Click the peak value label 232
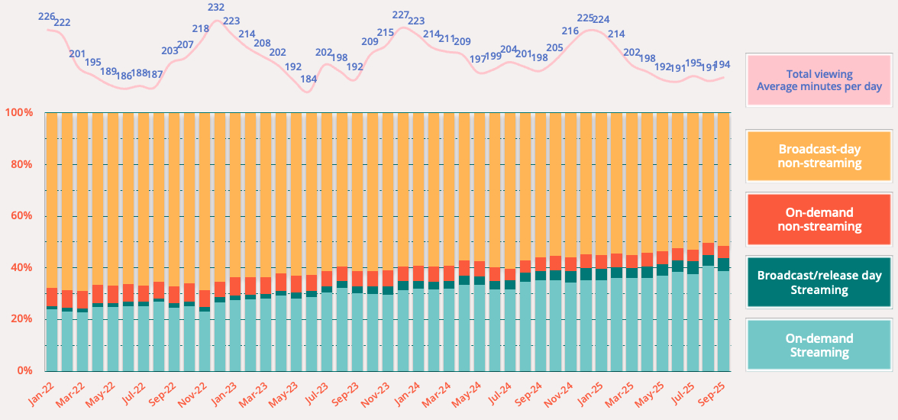(x=216, y=8)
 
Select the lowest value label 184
(x=308, y=79)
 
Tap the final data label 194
(x=722, y=64)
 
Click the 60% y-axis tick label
(x=21, y=216)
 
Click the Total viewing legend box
(x=819, y=80)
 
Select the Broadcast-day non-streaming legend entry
(x=819, y=156)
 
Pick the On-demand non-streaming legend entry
(x=819, y=220)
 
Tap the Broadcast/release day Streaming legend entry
(x=819, y=283)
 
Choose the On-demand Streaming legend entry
(x=819, y=345)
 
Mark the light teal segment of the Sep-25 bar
(x=724, y=321)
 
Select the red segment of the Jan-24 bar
(x=403, y=273)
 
